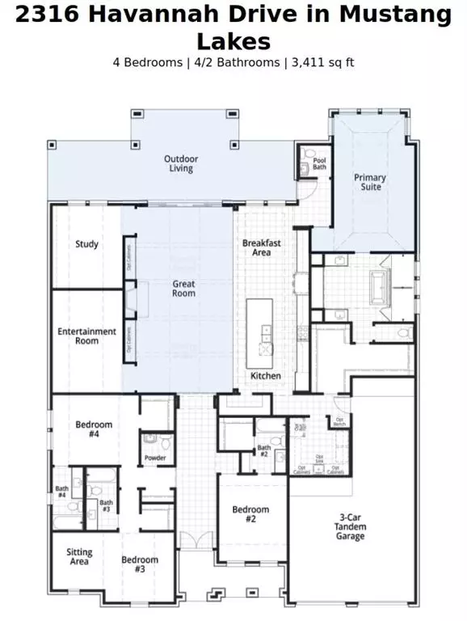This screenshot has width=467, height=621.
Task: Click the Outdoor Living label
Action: coord(181,163)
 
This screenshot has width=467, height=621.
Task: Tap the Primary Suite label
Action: coord(369,182)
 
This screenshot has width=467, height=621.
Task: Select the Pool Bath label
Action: coord(320,165)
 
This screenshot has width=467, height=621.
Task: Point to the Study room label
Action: coord(86,244)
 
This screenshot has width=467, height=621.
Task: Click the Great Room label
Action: coord(183,289)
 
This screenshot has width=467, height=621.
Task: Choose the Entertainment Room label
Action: coord(86,336)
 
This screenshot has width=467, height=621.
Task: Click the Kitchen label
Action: coord(265,377)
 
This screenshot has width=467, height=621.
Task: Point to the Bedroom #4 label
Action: coord(94,429)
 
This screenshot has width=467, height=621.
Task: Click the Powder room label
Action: coord(155,458)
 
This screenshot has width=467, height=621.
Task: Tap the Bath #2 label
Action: coord(264,450)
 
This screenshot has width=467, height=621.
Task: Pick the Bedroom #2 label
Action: coord(250,514)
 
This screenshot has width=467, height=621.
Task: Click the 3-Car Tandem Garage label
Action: coord(350,527)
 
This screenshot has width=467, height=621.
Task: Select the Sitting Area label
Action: coord(79,557)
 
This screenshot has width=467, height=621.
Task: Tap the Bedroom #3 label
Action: coord(140,564)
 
